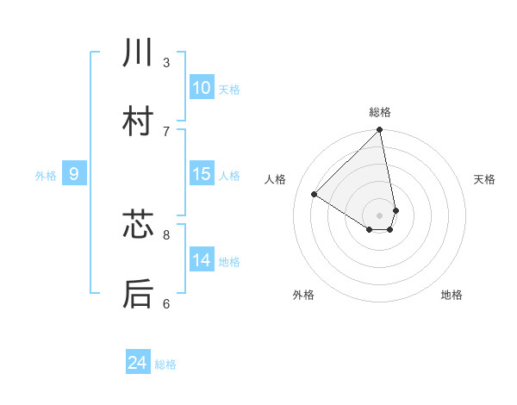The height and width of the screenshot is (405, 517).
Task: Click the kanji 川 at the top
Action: (138, 54)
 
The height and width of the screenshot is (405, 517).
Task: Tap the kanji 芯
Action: (138, 226)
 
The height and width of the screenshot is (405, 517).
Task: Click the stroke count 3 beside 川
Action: (166, 62)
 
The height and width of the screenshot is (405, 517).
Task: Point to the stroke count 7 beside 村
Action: (166, 131)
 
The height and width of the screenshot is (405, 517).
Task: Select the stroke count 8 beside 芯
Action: (166, 234)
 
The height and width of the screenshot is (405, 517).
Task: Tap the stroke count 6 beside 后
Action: (166, 302)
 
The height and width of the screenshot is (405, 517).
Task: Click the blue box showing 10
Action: (202, 88)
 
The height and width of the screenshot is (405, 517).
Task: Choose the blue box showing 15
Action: (202, 174)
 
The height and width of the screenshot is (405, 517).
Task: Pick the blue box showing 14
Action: (202, 260)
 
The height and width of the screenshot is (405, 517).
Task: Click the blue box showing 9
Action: (74, 174)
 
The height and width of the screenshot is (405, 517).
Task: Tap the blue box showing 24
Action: (138, 363)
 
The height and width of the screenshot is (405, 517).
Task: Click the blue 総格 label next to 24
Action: (165, 364)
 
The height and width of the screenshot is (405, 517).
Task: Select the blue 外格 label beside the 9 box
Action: (46, 176)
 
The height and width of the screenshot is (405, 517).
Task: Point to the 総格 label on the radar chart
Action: (380, 112)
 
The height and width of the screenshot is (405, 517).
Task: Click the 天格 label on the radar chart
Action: (485, 179)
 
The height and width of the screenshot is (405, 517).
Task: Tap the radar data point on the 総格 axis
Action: (380, 131)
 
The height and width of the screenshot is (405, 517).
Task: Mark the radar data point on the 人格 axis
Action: (315, 194)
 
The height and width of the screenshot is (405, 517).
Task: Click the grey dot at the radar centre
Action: (380, 215)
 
